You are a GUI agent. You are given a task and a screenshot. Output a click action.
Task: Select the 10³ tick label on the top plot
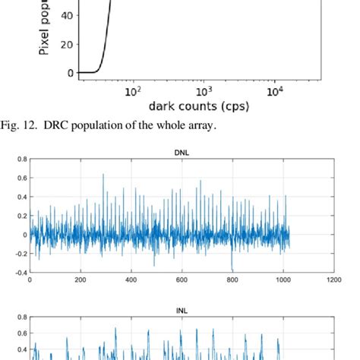click(x=204, y=90)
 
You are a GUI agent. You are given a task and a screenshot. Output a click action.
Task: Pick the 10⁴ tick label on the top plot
click(x=275, y=90)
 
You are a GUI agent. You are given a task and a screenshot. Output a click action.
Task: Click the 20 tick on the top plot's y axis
click(x=66, y=44)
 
